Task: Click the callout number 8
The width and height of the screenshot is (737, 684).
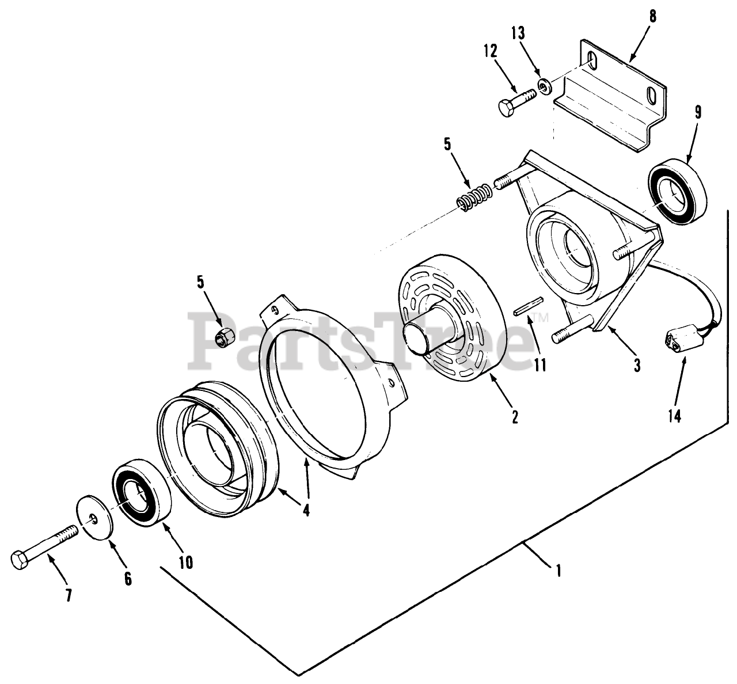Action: coord(652,16)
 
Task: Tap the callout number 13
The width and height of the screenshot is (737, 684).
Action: coord(519,33)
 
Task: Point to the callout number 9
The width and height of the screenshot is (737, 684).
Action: coord(698,112)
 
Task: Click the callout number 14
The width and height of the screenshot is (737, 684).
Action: coord(674,415)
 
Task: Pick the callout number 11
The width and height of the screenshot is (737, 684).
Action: coord(540,365)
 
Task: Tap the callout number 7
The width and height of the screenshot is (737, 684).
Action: coord(69,595)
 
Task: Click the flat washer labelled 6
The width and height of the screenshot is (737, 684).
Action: coord(95,517)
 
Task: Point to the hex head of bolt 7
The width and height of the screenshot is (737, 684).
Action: coord(21,559)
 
